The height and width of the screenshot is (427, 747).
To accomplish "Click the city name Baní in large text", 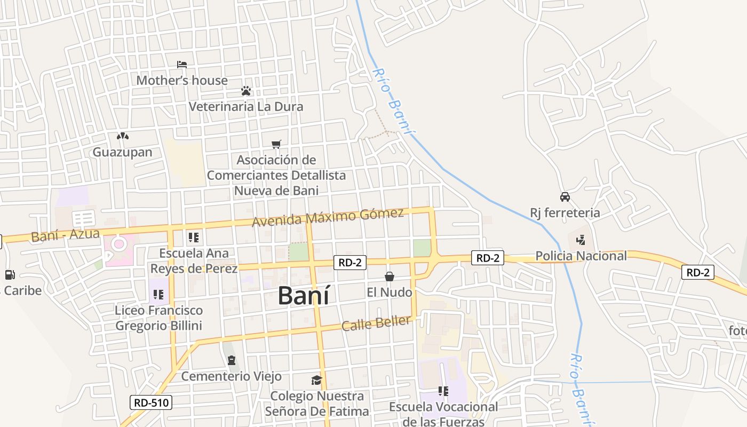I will pyautogui.click(x=304, y=295).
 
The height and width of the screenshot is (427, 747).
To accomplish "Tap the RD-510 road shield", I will pyautogui.click(x=151, y=402).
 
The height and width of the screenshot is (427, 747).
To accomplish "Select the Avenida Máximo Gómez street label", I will pyautogui.click(x=328, y=217).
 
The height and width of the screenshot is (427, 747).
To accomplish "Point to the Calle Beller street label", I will pyautogui.click(x=376, y=323).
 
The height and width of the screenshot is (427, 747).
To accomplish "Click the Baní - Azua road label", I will pyautogui.click(x=65, y=235).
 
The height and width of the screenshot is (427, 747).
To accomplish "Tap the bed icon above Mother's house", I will pyautogui.click(x=182, y=65).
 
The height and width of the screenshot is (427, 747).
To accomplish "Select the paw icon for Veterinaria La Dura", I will pyautogui.click(x=246, y=91).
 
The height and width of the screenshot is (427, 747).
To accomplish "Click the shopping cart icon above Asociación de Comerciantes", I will pyautogui.click(x=276, y=144).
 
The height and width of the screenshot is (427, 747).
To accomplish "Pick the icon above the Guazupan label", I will pyautogui.click(x=123, y=137).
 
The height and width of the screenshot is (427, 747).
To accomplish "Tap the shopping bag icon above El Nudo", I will pyautogui.click(x=390, y=276).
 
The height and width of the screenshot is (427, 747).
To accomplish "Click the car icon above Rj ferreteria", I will pyautogui.click(x=565, y=197).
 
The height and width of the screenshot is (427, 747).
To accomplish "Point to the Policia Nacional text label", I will pyautogui.click(x=581, y=256).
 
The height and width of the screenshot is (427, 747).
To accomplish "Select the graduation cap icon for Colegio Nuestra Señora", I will pyautogui.click(x=317, y=380).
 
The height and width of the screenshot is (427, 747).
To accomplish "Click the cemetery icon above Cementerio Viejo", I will pyautogui.click(x=232, y=361).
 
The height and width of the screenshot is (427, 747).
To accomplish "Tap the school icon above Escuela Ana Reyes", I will pyautogui.click(x=194, y=237).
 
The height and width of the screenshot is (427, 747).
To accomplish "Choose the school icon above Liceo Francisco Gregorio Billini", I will pyautogui.click(x=158, y=294).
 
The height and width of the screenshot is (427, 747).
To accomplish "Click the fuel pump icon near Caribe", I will pyautogui.click(x=10, y=275).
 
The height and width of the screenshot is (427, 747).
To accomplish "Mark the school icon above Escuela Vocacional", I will pyautogui.click(x=443, y=391).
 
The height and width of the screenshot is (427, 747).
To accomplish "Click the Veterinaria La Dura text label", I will pyautogui.click(x=246, y=107).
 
